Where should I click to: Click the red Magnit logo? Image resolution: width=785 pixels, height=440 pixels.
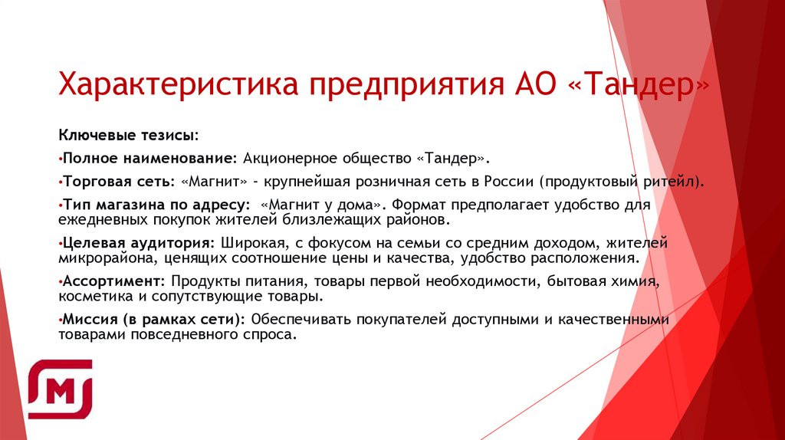[x=60, y=389]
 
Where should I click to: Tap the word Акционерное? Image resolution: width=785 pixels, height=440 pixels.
[x=284, y=158]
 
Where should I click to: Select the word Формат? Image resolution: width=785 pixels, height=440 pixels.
[x=422, y=206]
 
